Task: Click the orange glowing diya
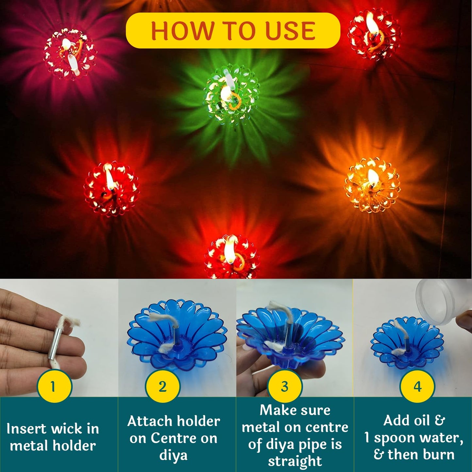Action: tap(372, 185)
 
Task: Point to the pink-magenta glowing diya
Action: tap(69, 54)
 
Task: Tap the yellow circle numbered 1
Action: tap(54, 386)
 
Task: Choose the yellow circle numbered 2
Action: tap(162, 387)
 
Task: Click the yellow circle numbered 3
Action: tap(285, 387)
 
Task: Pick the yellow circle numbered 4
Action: tap(417, 387)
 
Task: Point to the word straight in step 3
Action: tap(295, 461)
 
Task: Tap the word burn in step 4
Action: tap(437, 454)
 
